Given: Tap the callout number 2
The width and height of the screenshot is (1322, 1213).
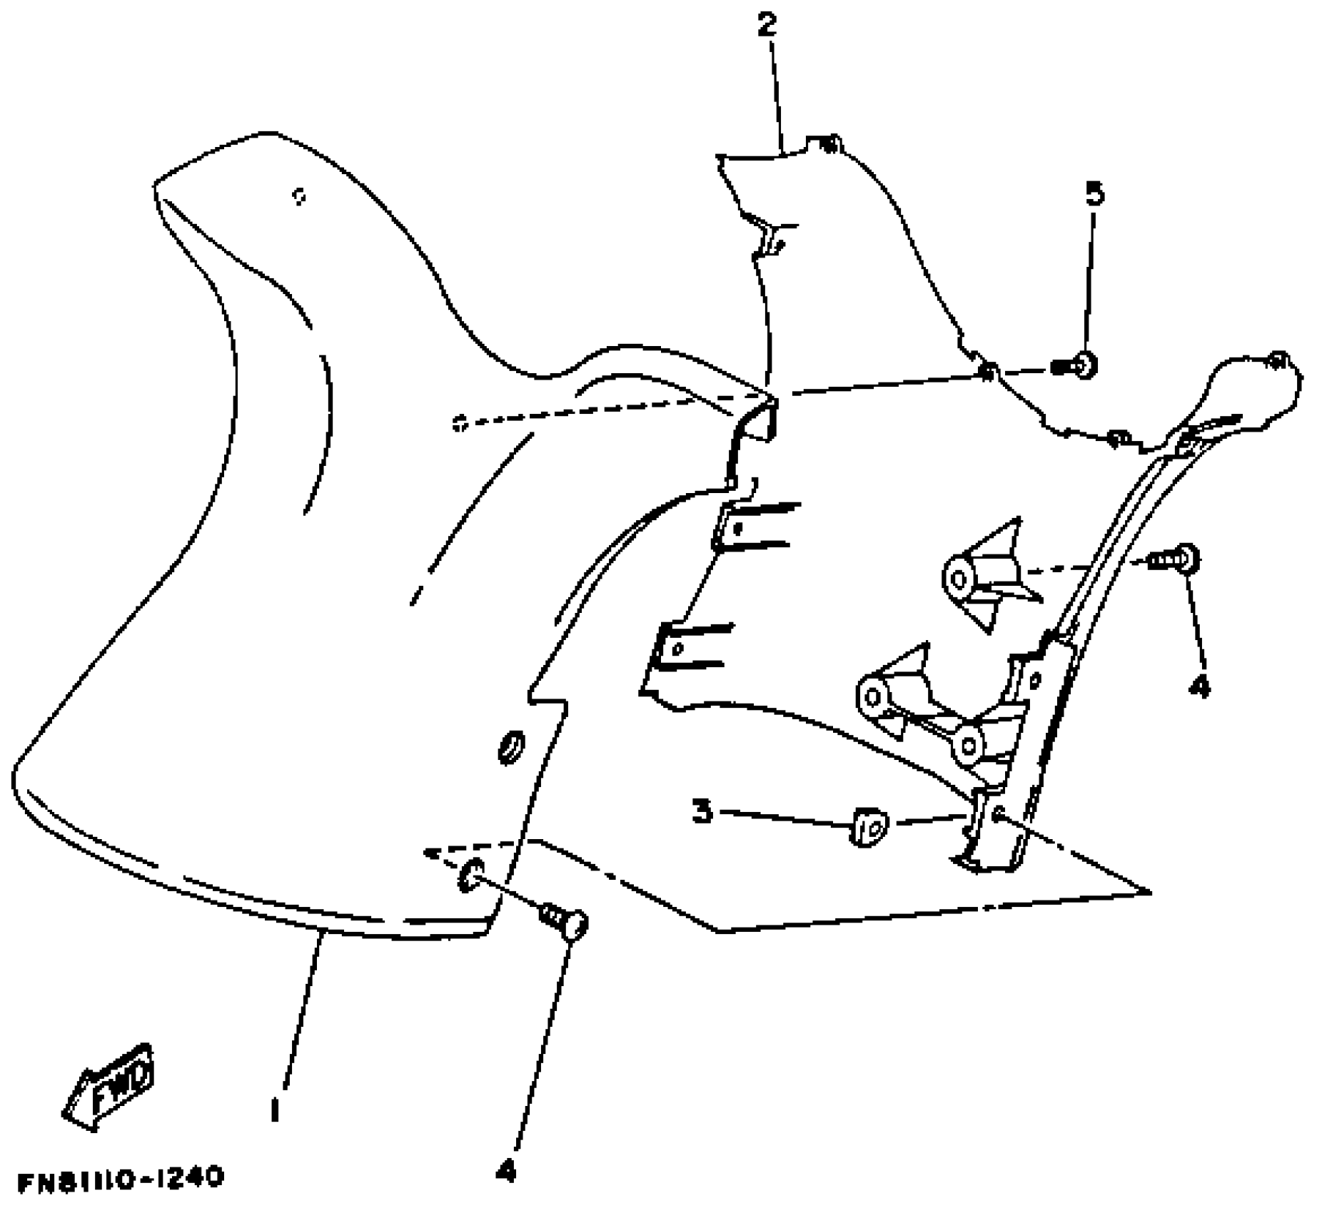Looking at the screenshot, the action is click(766, 25).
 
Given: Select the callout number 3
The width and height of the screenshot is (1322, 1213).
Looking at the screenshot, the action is click(702, 811).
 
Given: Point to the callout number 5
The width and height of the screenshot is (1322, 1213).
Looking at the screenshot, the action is click(1094, 193).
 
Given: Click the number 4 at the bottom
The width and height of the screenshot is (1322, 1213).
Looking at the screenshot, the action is click(505, 1170).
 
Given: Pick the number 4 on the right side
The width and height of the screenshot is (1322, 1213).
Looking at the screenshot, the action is click(1199, 686).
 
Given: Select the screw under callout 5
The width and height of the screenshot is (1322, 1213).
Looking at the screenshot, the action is click(1075, 367).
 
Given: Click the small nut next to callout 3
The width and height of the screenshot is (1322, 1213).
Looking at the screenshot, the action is click(867, 826).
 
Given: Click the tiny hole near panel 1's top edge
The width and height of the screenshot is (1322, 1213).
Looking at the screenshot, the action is click(300, 196).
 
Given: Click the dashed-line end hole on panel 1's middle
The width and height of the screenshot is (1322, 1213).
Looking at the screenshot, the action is click(459, 424).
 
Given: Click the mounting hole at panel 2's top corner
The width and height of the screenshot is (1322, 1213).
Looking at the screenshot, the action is click(829, 146).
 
